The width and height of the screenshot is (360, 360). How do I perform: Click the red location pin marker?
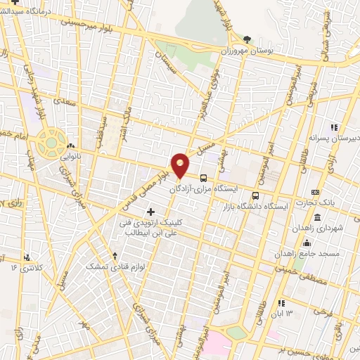coord(181,165)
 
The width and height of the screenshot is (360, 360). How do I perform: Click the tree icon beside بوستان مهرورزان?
coord(246,39)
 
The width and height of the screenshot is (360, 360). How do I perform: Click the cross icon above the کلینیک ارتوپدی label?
coord(150,211)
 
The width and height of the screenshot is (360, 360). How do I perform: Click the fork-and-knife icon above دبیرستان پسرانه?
coord(335,127)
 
